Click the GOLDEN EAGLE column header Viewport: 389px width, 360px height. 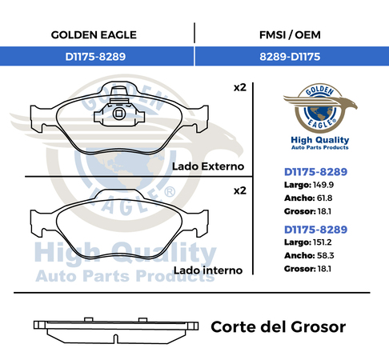pyautogui.click(x=94, y=35)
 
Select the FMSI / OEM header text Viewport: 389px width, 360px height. pyautogui.click(x=290, y=35)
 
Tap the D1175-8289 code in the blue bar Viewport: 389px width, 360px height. pyautogui.click(x=95, y=57)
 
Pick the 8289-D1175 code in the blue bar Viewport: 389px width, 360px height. pyautogui.click(x=290, y=57)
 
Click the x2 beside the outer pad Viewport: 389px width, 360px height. pyautogui.click(x=240, y=87)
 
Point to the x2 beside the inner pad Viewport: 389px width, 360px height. pyautogui.click(x=240, y=190)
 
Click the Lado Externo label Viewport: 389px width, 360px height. pyautogui.click(x=208, y=166)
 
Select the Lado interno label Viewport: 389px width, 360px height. pyautogui.click(x=208, y=270)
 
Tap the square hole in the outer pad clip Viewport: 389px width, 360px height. pyautogui.click(x=118, y=114)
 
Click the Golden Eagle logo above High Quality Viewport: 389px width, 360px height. pyautogui.click(x=320, y=108)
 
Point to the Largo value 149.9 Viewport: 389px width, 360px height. pyautogui.click(x=323, y=185)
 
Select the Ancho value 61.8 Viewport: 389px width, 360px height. pyautogui.click(x=325, y=198)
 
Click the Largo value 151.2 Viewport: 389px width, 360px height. pyautogui.click(x=323, y=242)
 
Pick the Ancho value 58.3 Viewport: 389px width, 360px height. pyautogui.click(x=326, y=255)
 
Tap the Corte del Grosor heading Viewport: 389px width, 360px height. pyautogui.click(x=279, y=327)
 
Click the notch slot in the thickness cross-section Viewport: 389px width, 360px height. pyautogui.click(x=116, y=338)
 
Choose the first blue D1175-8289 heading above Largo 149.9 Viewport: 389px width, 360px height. pyautogui.click(x=315, y=172)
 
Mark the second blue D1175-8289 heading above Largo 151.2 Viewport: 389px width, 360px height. pyautogui.click(x=315, y=230)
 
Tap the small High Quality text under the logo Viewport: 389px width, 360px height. pyautogui.click(x=320, y=140)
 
